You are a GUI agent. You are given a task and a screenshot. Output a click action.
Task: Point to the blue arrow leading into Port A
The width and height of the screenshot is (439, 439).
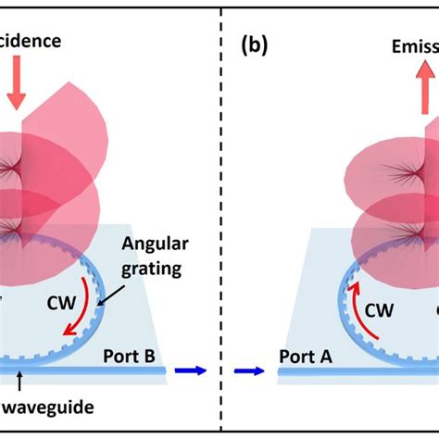249,370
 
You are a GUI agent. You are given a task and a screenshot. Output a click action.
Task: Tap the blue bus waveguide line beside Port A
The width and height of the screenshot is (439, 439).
315,370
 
